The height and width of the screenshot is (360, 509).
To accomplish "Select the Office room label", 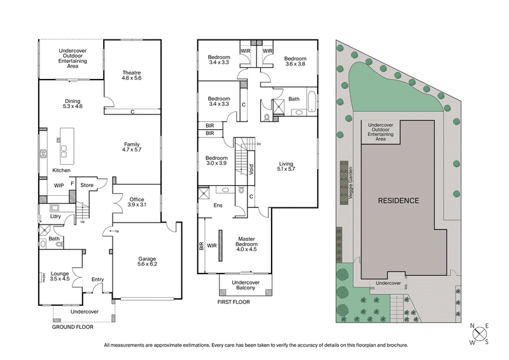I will (137, 202).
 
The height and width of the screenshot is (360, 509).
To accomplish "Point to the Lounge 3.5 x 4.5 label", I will (60, 275).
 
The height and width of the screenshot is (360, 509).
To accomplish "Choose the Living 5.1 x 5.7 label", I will (286, 167).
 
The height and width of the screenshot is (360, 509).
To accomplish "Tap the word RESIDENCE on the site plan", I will (399, 200).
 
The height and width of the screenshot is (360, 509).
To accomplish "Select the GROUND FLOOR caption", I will (72, 326).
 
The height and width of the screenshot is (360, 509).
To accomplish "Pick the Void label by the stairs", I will (251, 170).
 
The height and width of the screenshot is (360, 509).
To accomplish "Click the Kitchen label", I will (61, 171).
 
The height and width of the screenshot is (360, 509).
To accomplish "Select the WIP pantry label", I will (59, 186).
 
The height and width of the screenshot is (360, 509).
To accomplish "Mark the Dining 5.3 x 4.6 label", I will (73, 104).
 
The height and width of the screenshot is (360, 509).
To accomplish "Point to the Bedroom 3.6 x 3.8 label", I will (295, 60).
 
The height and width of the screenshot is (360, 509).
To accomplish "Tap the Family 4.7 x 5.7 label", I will (132, 147).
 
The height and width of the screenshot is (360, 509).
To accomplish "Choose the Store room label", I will (87, 186).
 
